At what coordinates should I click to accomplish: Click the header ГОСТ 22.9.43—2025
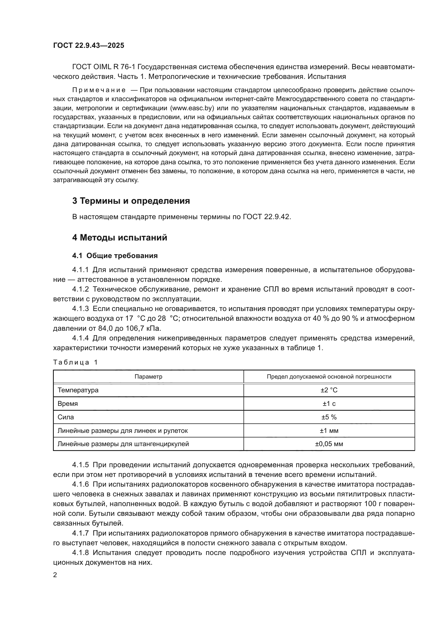[89, 46]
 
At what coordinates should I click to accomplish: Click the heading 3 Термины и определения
[131, 201]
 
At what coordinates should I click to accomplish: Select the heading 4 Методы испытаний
[119, 238]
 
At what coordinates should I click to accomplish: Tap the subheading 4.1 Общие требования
[115, 256]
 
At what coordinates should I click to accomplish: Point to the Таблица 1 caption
[75, 362]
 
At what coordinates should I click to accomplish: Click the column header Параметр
[148, 377]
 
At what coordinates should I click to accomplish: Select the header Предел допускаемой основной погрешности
[329, 377]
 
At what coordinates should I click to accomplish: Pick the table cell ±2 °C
[329, 390]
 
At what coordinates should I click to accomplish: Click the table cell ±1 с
[329, 403]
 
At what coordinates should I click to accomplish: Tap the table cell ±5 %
[329, 417]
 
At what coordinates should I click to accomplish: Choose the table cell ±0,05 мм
[329, 444]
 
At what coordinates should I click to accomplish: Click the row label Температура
[78, 390]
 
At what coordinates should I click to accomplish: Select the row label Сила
[66, 417]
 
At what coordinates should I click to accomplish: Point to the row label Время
[68, 403]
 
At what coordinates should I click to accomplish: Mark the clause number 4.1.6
[80, 484]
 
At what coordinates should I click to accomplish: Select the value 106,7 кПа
[143, 328]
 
